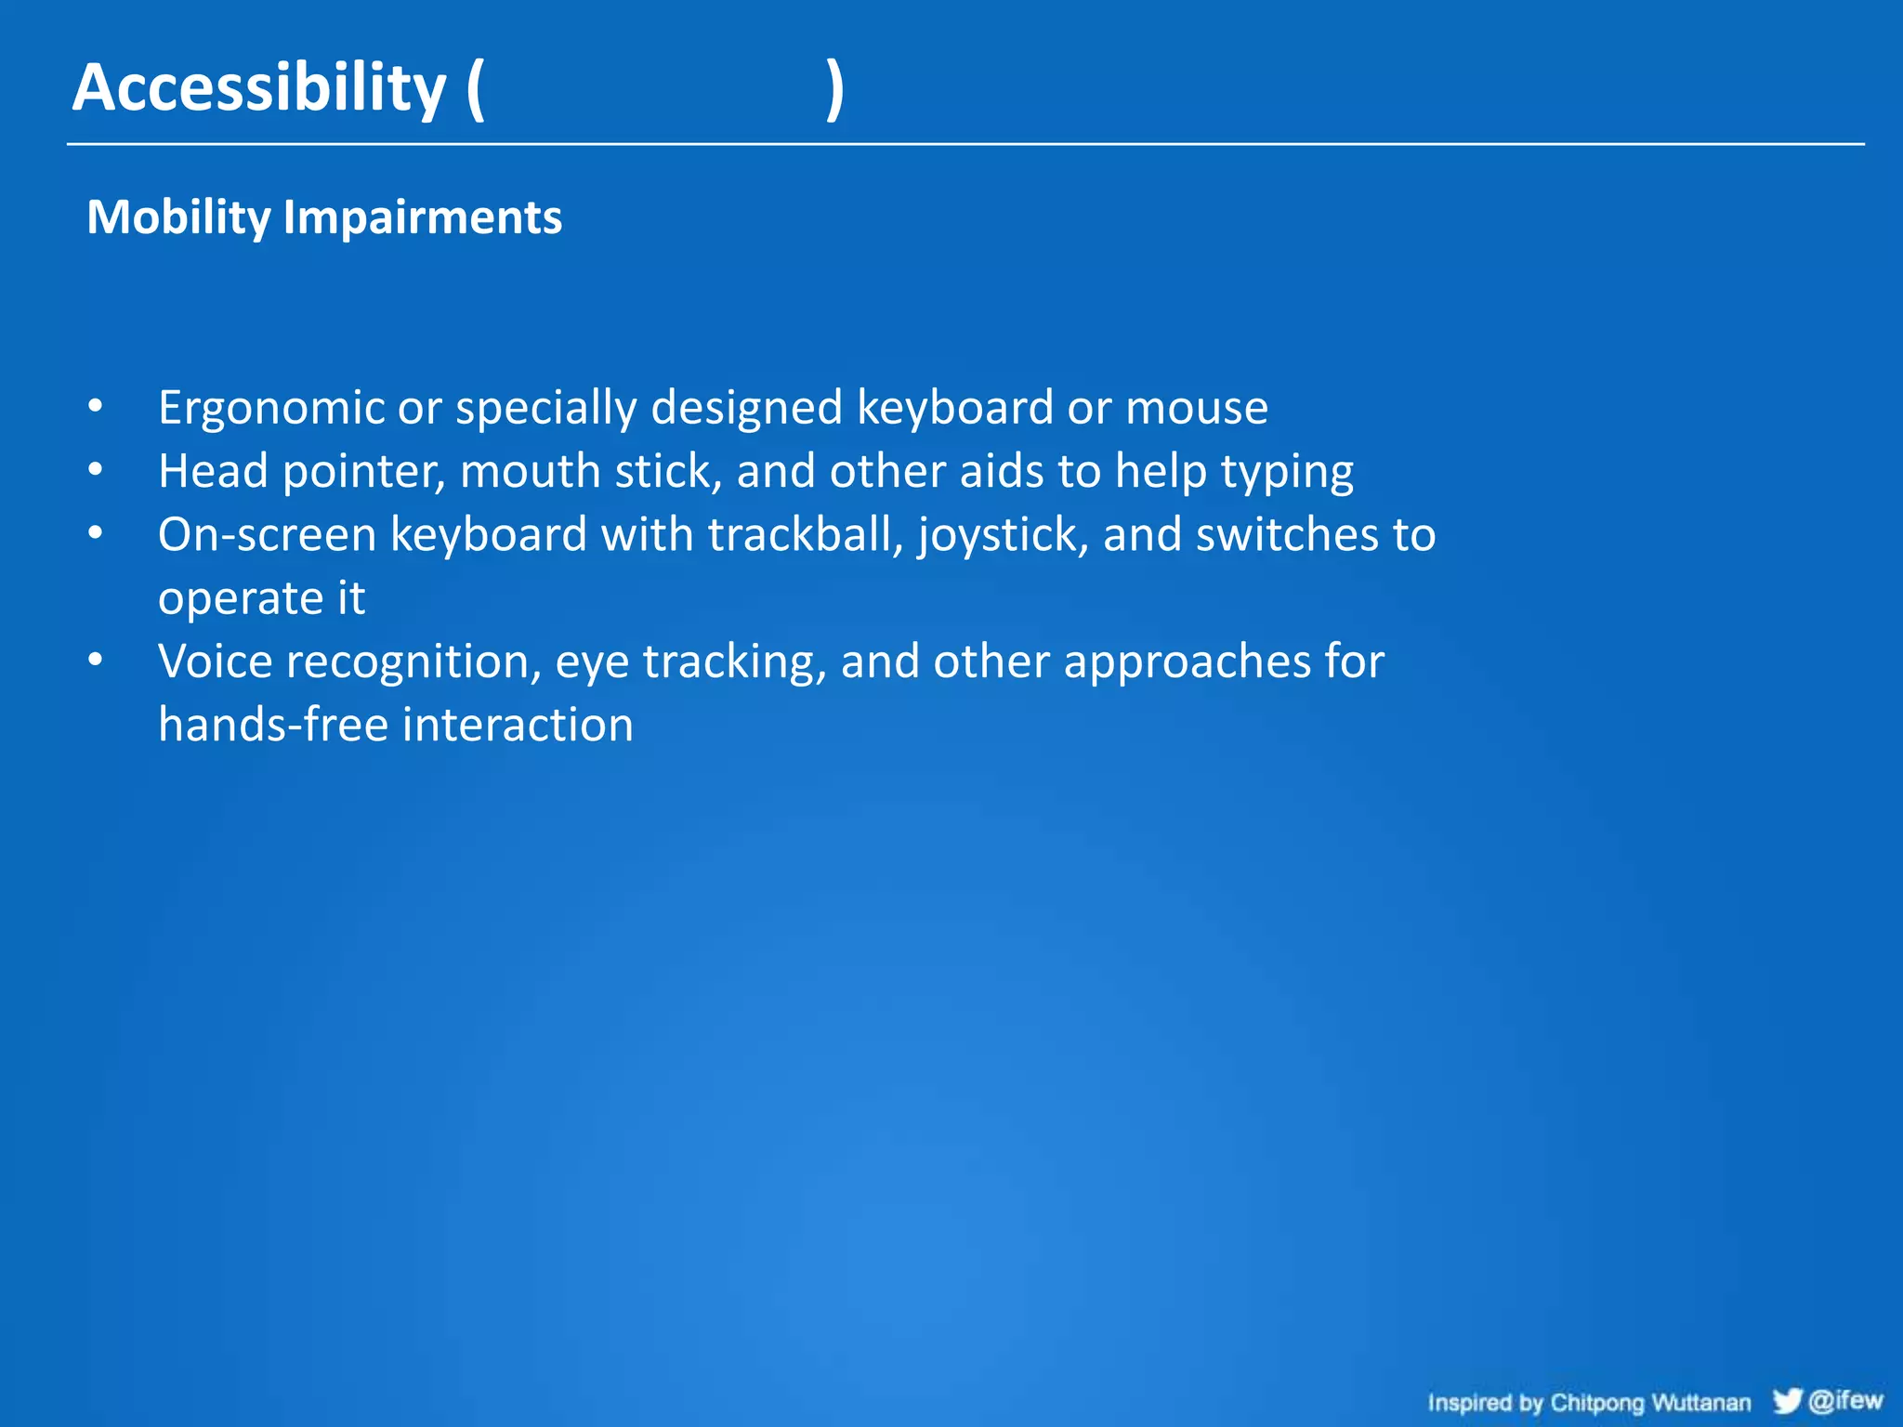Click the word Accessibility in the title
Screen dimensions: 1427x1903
[259, 88]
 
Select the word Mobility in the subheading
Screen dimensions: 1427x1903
[177, 218]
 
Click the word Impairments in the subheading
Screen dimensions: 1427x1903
[422, 218]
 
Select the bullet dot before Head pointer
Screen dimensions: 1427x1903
[95, 470]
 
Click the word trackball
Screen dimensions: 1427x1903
[805, 535]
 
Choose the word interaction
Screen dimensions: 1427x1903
[518, 725]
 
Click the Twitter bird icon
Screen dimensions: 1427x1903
[1786, 1400]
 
